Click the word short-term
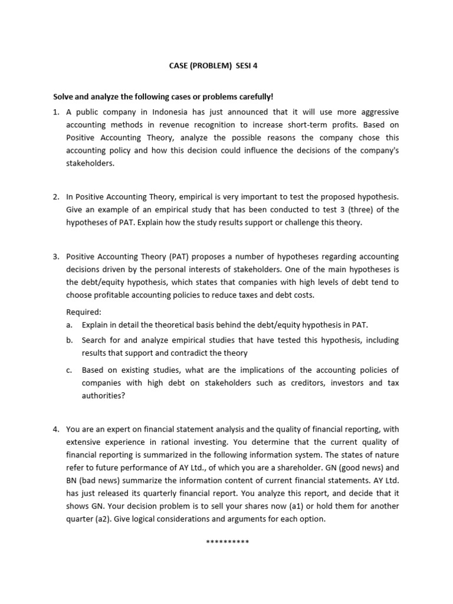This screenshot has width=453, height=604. click(x=286, y=125)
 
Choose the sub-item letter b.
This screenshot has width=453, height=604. click(x=69, y=340)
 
